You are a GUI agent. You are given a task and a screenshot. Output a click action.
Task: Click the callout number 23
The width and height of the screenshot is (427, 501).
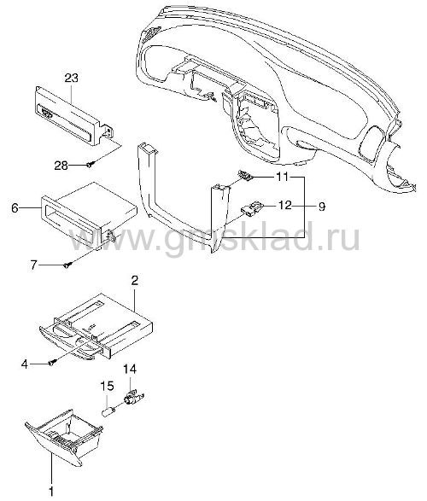click(x=71, y=78)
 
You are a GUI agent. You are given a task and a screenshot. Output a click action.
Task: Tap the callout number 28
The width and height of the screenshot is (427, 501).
click(x=61, y=166)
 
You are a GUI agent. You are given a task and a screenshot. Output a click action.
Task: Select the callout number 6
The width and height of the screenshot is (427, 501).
click(x=15, y=208)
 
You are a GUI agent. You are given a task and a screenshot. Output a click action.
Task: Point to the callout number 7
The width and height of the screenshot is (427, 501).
click(x=34, y=265)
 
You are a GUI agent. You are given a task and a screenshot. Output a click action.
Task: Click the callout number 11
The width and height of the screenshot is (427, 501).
click(x=282, y=177)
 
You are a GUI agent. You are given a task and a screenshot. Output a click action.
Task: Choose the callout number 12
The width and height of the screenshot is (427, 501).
click(x=285, y=205)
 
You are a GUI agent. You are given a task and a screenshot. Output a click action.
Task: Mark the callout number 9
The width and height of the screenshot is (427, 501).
click(x=321, y=207)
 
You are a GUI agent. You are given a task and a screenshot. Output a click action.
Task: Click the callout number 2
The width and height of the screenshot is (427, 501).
click(x=135, y=281)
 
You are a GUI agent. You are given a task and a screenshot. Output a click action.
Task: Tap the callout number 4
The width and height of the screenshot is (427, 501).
click(x=25, y=364)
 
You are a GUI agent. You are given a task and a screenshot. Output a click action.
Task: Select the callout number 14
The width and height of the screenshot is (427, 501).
click(x=130, y=369)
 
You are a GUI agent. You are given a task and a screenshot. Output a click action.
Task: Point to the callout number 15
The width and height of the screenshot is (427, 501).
click(x=108, y=386)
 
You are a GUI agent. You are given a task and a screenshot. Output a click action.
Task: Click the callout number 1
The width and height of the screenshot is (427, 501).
click(x=51, y=491)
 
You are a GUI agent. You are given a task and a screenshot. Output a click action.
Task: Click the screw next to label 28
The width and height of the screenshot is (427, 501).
click(x=91, y=165)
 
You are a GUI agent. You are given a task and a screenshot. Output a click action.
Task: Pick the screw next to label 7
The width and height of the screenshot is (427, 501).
click(x=67, y=265)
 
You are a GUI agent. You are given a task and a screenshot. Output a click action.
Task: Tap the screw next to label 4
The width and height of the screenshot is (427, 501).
click(x=52, y=363)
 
